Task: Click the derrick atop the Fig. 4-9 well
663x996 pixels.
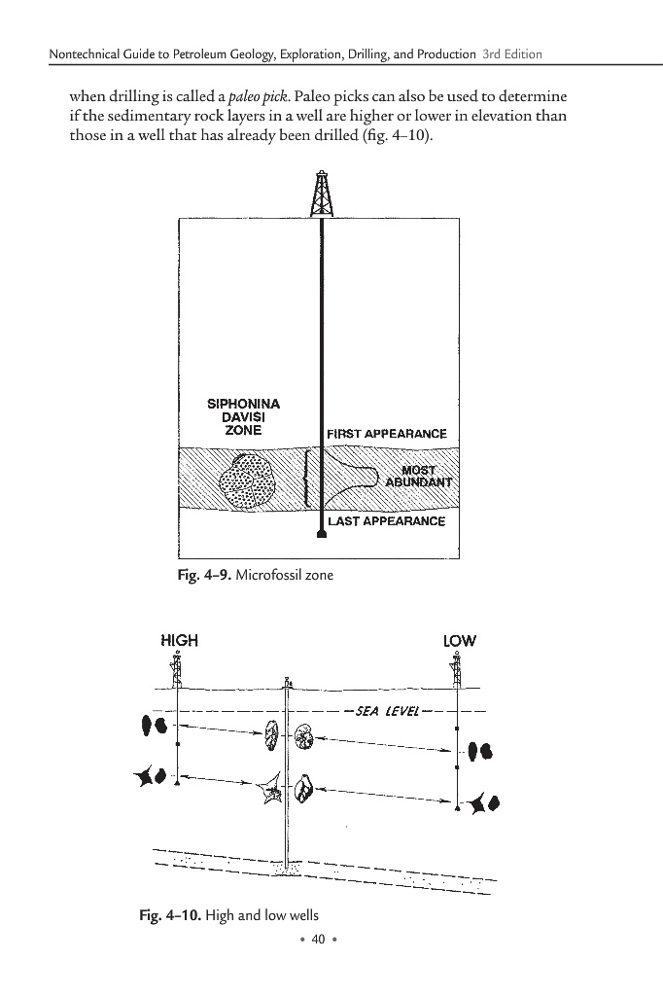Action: [321, 194]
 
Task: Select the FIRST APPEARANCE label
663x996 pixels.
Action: [387, 433]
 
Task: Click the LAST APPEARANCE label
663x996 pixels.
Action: [387, 521]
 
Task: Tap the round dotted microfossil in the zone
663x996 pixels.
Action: [250, 481]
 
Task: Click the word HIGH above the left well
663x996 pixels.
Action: [178, 640]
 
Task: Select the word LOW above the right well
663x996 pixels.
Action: [460, 641]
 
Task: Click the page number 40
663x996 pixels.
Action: [316, 939]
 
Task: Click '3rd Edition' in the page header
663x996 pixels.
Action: [512, 53]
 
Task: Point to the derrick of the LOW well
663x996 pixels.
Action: [457, 670]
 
